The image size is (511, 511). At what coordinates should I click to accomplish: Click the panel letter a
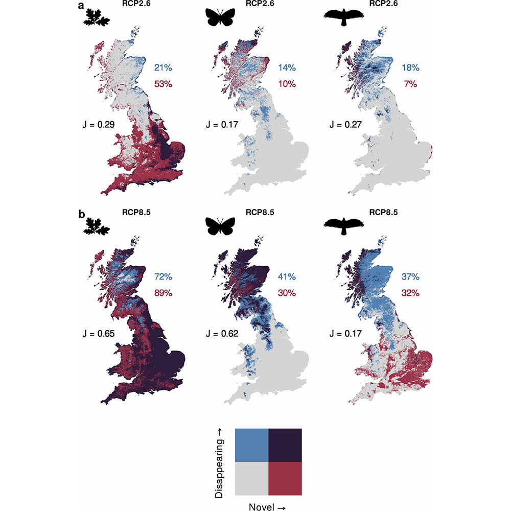click(x=81, y=6)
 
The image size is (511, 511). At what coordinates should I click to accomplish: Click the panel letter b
click(x=81, y=213)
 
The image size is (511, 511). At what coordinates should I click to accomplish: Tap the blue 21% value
click(x=162, y=67)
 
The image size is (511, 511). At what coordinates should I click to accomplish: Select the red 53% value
click(x=163, y=84)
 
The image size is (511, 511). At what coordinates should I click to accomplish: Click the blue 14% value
click(x=287, y=67)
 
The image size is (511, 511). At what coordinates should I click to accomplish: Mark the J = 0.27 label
click(x=346, y=124)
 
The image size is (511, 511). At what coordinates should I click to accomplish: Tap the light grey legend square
click(x=251, y=478)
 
